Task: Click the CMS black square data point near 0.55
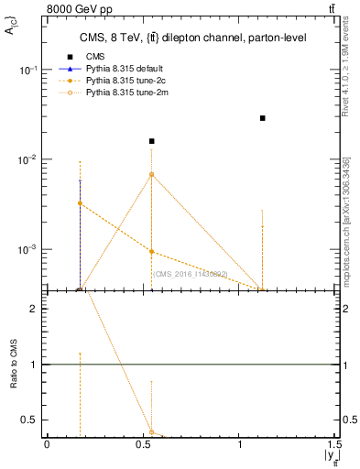[152, 141]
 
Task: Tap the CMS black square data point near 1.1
[263, 118]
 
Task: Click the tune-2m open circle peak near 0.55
[152, 174]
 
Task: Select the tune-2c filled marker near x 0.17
[81, 203]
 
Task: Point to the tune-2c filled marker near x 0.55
[152, 252]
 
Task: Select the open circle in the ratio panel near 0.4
[152, 431]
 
